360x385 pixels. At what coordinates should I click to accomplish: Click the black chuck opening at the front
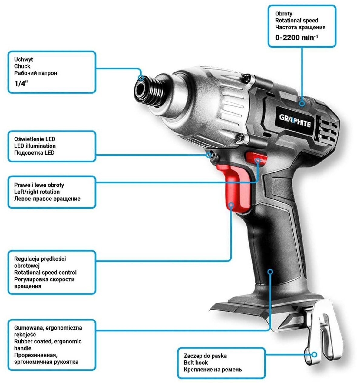142,91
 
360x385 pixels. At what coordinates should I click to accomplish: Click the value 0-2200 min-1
296,38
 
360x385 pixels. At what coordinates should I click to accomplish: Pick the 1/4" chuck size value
21,84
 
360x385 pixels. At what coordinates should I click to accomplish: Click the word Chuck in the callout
22,66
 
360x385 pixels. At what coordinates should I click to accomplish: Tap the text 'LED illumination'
35,146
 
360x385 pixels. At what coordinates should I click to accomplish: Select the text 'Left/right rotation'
37,192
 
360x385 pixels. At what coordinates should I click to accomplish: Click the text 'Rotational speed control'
45,273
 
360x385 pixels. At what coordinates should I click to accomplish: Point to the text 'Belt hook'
196,363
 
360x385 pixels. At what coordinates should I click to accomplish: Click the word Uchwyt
24,59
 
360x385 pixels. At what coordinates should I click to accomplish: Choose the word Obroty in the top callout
284,14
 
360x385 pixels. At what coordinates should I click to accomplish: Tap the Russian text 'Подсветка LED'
34,152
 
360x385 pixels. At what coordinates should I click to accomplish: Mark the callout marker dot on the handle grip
270,271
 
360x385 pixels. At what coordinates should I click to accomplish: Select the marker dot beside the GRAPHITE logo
302,103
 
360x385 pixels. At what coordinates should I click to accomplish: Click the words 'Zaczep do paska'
205,356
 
